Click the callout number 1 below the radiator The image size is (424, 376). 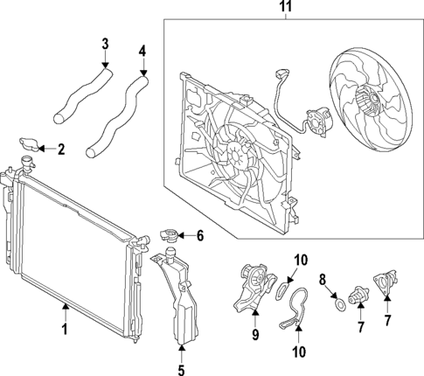coord(63,330)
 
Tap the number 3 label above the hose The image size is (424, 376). coord(105,43)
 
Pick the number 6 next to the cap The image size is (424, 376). coord(199,234)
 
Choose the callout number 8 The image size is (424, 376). coord(322,281)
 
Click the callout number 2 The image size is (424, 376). coord(61,150)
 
